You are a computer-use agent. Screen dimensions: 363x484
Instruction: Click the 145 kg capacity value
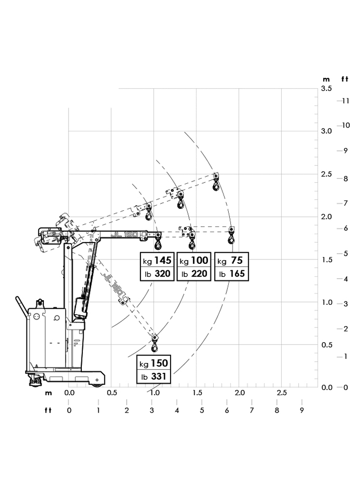point(163,260)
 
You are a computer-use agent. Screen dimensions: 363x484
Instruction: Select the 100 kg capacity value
point(199,260)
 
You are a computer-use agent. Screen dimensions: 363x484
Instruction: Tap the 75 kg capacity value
point(237,260)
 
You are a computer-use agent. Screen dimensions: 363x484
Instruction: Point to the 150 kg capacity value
point(159,363)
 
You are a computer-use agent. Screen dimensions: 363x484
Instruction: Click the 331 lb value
point(159,376)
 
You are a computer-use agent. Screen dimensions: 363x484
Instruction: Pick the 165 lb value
point(237,274)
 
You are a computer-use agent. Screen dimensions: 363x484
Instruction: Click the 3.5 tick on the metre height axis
point(326,88)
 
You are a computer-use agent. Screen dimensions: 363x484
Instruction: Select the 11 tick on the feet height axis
point(346,101)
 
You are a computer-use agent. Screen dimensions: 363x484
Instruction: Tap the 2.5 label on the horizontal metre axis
point(282,393)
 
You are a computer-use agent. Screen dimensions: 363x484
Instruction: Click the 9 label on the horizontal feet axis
point(302,410)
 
